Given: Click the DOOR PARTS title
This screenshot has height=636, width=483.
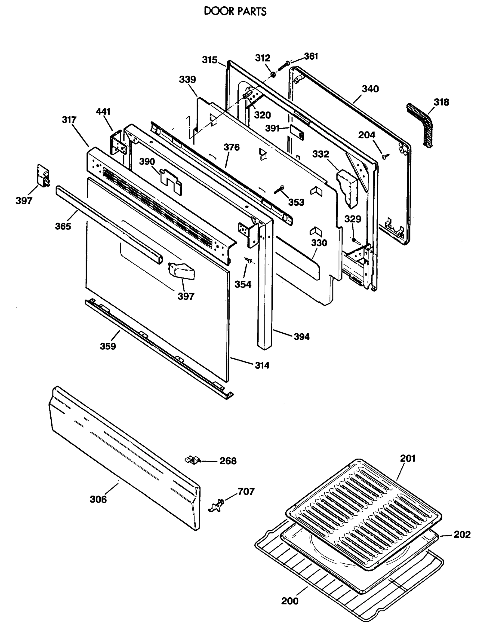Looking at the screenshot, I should point(235,11).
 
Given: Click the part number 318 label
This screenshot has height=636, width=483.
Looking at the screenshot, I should point(441,102).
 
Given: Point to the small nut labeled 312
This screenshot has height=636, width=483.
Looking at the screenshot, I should point(273,75).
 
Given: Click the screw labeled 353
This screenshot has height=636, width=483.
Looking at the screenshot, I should point(279,190).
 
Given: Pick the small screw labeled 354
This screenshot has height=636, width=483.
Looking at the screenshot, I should point(249,260).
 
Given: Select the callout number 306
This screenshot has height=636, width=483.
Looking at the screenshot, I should point(98,499).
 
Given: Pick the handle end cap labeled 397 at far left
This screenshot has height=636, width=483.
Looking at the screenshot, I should point(43,175).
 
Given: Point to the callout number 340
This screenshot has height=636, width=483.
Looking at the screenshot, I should point(370,89).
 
